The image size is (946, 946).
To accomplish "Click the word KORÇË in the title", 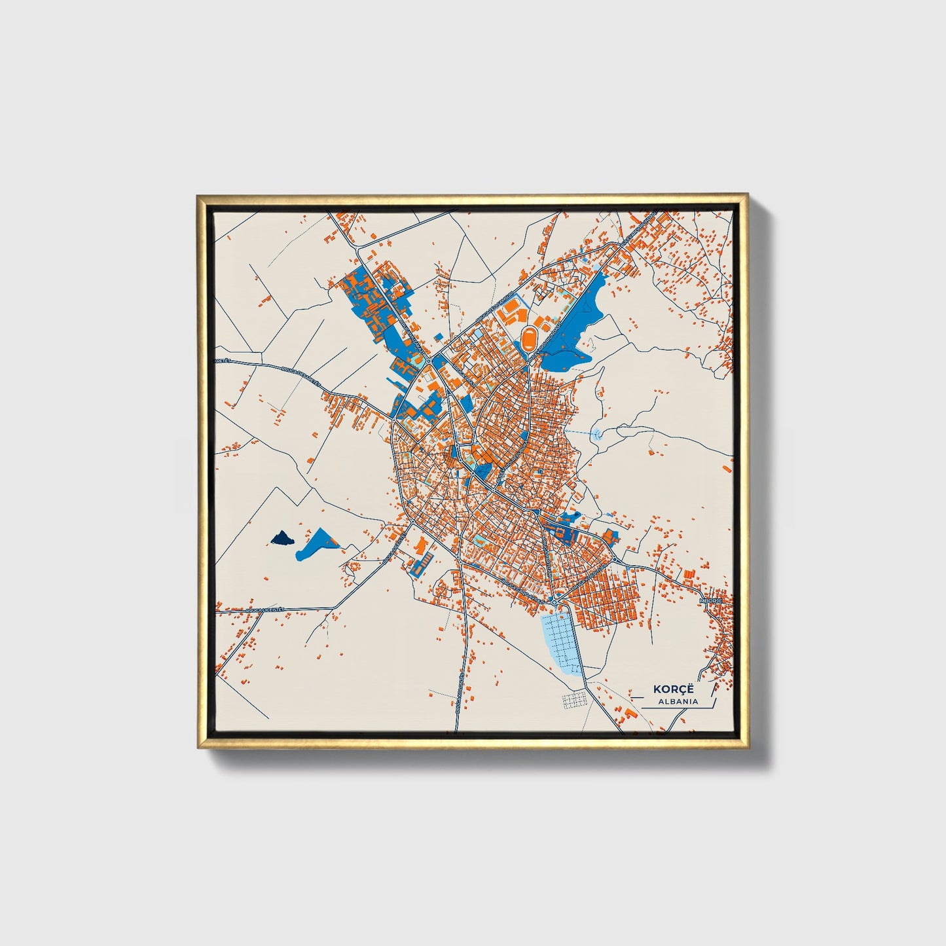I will (x=670, y=689).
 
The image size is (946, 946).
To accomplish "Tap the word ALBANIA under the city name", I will (x=670, y=702).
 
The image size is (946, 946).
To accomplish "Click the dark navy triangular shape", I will (x=283, y=538).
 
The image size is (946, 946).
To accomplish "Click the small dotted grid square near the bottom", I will (x=573, y=700).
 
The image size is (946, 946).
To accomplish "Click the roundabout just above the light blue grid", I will (x=554, y=602).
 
